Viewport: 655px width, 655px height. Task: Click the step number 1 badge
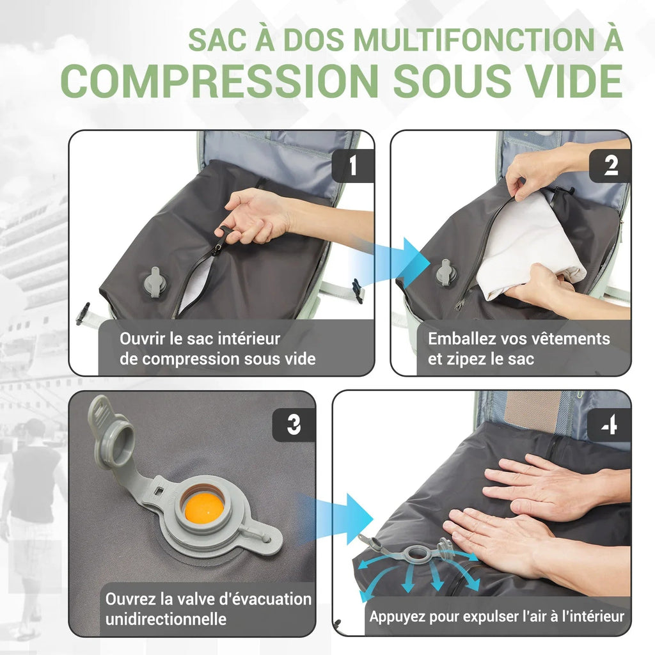352,166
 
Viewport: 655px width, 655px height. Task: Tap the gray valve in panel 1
155,282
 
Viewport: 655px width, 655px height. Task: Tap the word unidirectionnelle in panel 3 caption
166,619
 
